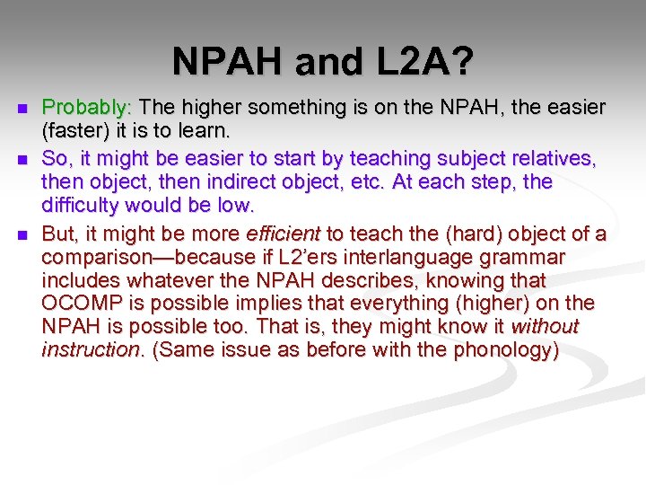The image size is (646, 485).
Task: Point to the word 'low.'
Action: [237, 206]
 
